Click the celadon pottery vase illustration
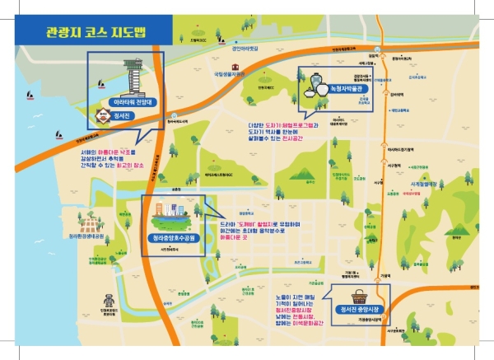311,85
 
